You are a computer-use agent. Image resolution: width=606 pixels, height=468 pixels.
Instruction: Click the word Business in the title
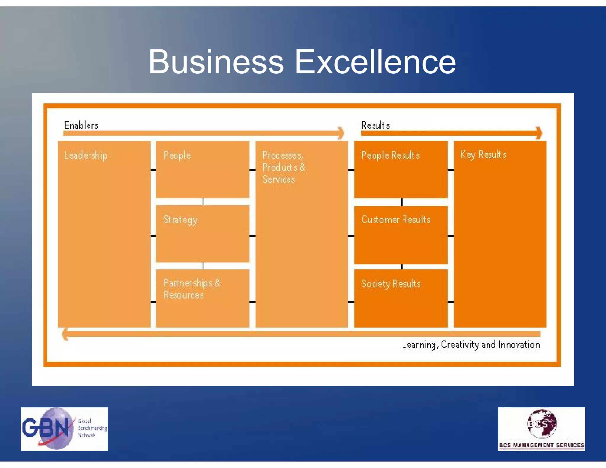click(216, 62)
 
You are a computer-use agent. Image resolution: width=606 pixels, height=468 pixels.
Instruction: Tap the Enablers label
click(81, 125)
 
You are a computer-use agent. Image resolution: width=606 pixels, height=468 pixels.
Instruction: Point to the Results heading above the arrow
click(375, 125)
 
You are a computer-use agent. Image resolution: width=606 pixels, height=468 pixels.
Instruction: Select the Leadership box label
click(86, 155)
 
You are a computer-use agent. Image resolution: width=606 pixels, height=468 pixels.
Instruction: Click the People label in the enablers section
click(177, 155)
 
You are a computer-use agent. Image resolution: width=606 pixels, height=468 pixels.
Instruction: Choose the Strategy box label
click(180, 220)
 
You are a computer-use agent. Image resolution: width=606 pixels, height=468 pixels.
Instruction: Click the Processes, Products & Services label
click(283, 167)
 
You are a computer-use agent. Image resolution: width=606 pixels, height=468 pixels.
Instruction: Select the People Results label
click(391, 155)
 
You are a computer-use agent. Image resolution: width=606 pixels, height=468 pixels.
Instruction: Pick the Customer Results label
click(396, 220)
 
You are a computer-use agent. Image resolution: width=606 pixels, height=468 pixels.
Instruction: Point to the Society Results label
click(391, 284)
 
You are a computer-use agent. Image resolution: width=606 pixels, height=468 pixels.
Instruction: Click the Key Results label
click(483, 154)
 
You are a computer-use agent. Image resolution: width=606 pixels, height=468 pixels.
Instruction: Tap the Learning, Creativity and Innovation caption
click(471, 345)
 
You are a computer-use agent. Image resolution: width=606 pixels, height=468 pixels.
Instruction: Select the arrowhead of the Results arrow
click(539, 133)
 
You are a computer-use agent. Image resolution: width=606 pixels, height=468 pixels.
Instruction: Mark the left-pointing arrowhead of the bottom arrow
click(65, 334)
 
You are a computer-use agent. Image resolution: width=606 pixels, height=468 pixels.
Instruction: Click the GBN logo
click(64, 429)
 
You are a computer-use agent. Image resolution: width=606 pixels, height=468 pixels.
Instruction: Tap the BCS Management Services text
click(541, 445)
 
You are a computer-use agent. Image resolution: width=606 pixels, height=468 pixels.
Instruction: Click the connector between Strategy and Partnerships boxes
click(203, 266)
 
